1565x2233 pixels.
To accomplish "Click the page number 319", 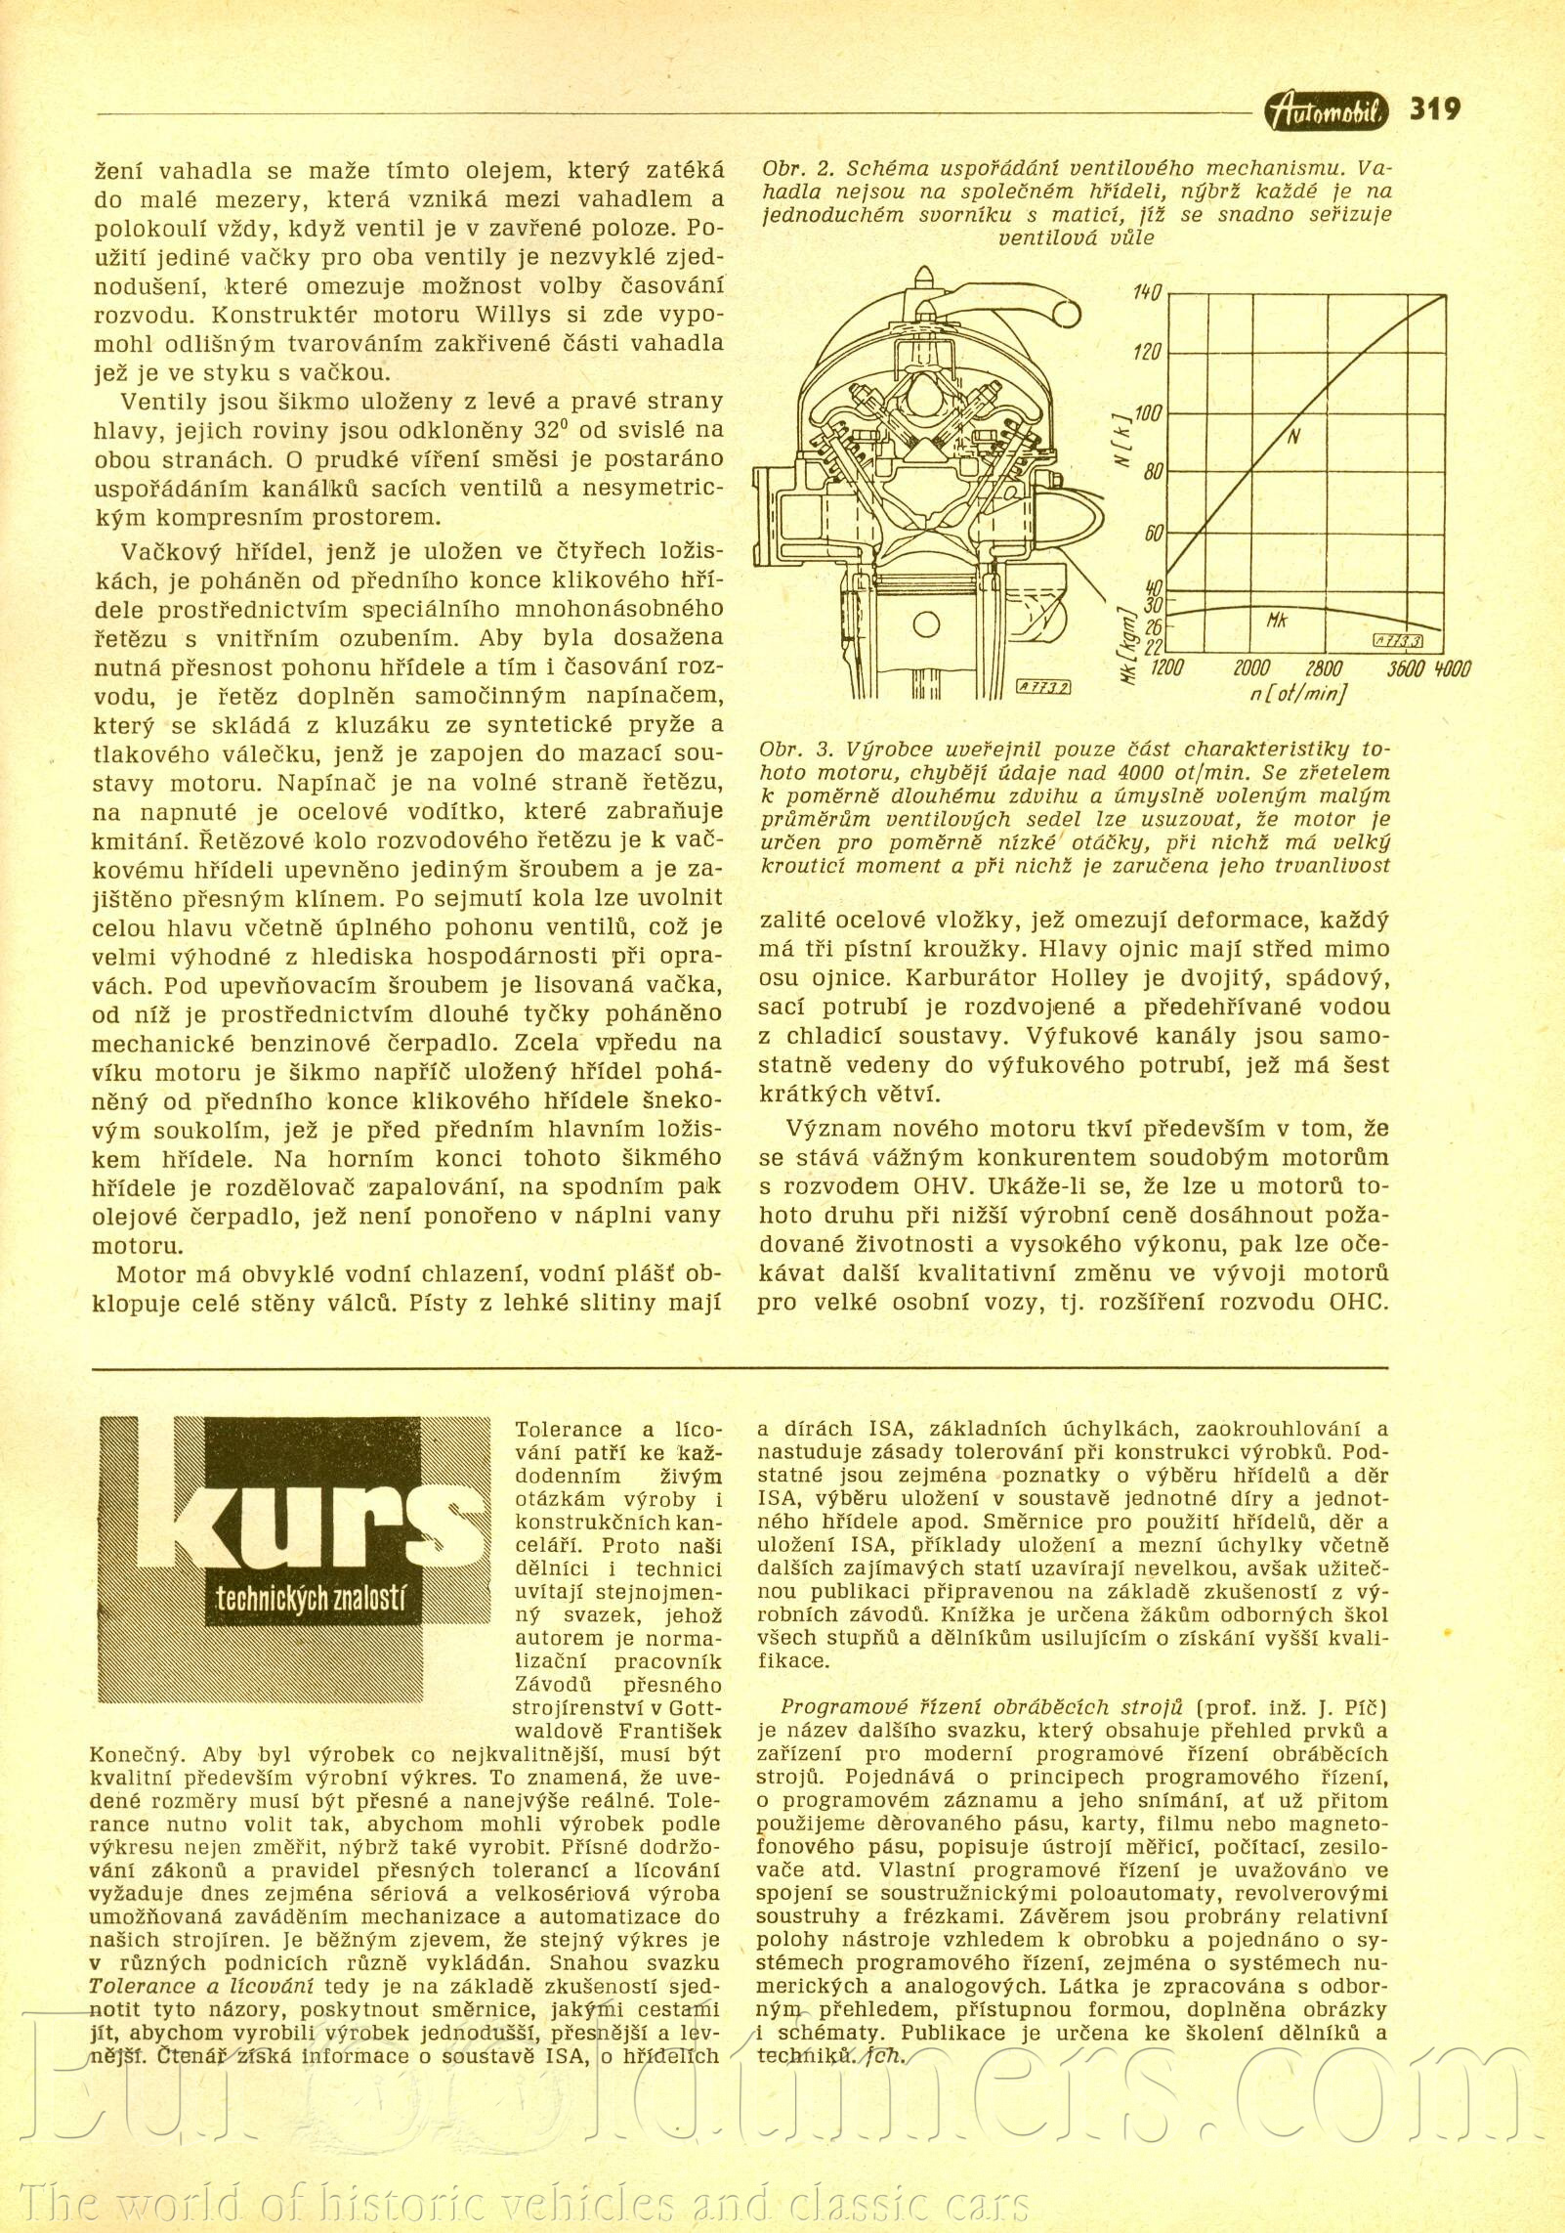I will (1435, 108).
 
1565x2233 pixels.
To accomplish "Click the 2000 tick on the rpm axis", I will (1250, 669).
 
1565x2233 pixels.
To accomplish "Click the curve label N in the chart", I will (1292, 438).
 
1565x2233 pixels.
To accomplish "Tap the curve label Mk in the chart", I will (1277, 621).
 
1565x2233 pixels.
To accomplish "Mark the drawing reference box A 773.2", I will (1046, 686).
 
